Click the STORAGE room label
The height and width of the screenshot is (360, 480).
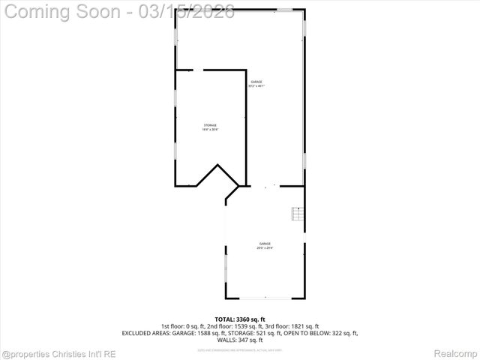coord(210,124)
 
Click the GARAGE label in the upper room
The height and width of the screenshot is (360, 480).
coord(256,82)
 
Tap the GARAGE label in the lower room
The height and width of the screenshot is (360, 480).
coord(265,243)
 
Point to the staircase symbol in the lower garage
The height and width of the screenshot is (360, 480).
coord(298,214)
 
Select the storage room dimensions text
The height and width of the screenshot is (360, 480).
coord(210,130)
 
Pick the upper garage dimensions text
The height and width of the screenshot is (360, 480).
coord(256,86)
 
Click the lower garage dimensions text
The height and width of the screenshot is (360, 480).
coord(265,247)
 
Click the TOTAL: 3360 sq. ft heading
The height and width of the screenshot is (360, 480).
coord(240,319)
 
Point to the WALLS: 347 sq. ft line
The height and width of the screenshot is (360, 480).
coord(240,340)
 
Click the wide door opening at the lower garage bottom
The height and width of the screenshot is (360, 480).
coord(265,298)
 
